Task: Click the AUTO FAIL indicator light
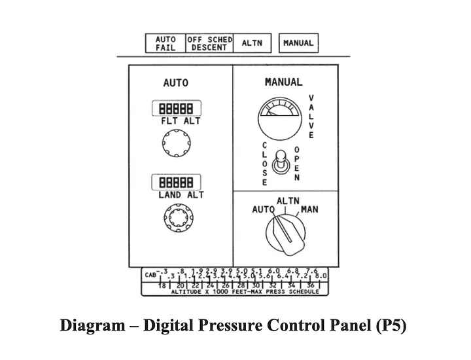tap(166, 43)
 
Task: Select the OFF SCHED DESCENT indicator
tap(209, 43)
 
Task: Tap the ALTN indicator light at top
tap(252, 43)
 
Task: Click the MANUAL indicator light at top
tap(298, 43)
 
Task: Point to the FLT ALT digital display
tap(176, 108)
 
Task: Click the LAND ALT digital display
tap(176, 183)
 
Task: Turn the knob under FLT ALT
tap(176, 143)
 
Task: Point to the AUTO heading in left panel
tap(175, 83)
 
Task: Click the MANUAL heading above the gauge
tap(283, 82)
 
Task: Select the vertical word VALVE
tap(311, 117)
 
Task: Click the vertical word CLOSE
tap(265, 163)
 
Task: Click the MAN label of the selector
tap(309, 210)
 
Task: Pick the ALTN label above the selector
tap(288, 201)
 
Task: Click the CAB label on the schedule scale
tap(150, 274)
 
